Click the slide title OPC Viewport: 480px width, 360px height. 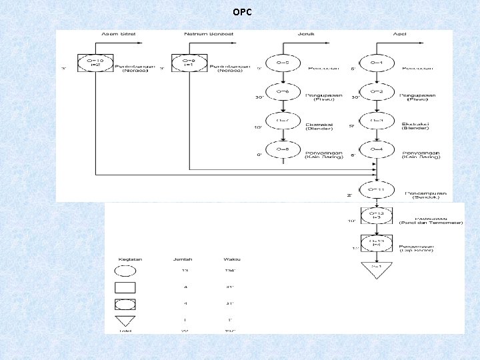(x=242, y=12)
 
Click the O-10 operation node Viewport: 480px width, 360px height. (x=91, y=63)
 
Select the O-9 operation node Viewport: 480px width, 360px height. (x=185, y=63)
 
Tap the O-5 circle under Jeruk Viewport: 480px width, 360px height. (x=282, y=63)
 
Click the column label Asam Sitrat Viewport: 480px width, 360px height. (x=115, y=33)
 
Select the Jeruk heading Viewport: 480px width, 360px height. (x=307, y=33)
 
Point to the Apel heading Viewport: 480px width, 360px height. (x=400, y=33)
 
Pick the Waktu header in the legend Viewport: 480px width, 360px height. (x=232, y=258)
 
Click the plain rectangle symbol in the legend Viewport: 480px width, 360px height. (x=125, y=288)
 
